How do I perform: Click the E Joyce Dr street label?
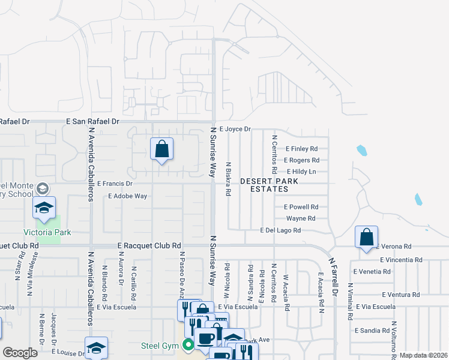[235, 129]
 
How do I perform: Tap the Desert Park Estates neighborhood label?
[270, 184]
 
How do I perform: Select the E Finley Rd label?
[301, 149]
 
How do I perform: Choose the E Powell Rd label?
[301, 207]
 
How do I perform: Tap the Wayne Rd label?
[301, 218]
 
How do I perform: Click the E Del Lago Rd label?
[280, 230]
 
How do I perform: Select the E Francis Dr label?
[115, 184]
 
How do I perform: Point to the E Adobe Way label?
[128, 196]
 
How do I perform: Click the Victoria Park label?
[47, 232]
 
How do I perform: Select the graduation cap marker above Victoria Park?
[44, 207]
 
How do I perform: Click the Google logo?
[20, 353]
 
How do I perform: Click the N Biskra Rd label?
[228, 179]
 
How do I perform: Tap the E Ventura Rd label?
[401, 295]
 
